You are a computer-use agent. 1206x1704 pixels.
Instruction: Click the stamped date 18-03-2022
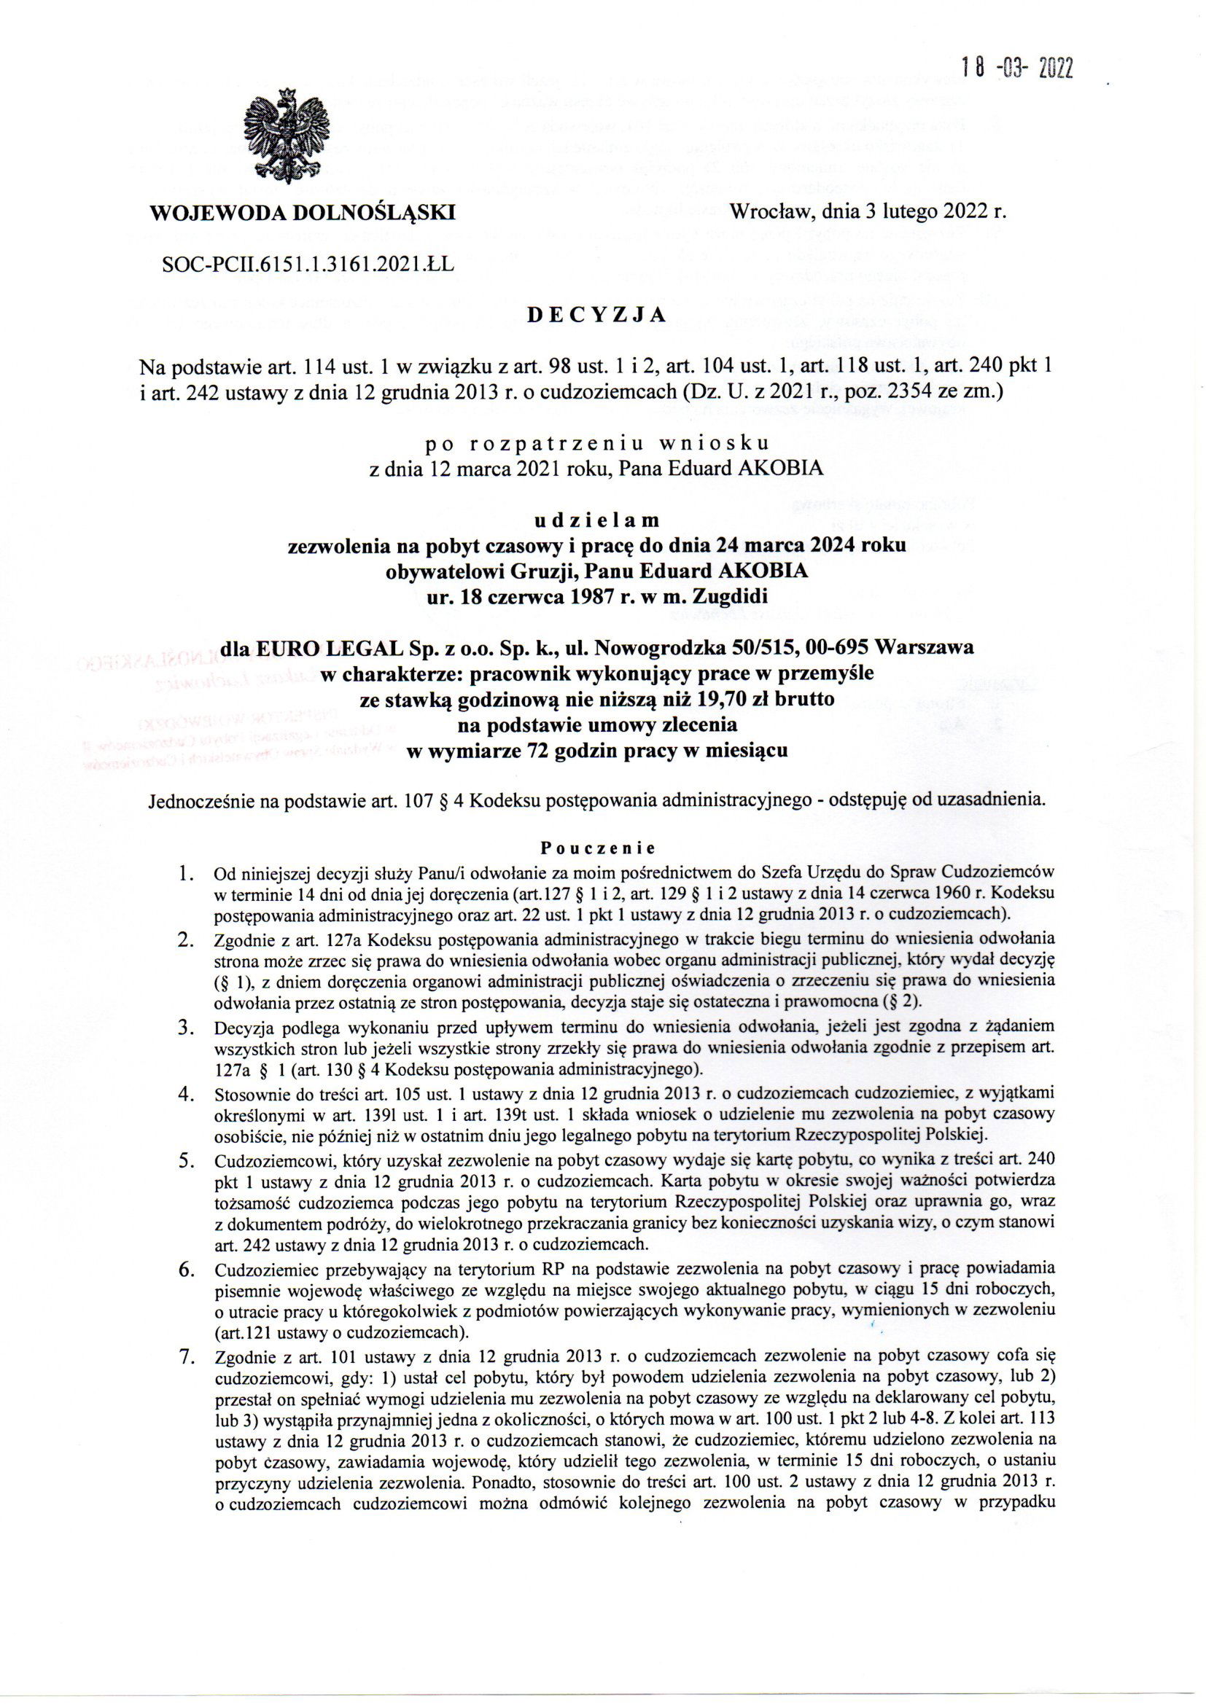point(1016,69)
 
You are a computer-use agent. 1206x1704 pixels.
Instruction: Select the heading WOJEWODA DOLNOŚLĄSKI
point(303,213)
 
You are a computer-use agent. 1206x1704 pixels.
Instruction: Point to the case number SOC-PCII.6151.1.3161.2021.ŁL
point(307,262)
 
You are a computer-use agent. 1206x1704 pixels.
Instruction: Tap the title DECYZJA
point(596,315)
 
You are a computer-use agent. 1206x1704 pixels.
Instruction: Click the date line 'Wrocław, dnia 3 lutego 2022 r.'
point(868,212)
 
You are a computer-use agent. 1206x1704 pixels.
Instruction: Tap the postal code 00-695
point(831,649)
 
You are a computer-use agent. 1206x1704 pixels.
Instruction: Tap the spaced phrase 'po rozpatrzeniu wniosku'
point(596,444)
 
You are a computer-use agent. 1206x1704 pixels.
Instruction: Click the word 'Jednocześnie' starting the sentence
point(198,801)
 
